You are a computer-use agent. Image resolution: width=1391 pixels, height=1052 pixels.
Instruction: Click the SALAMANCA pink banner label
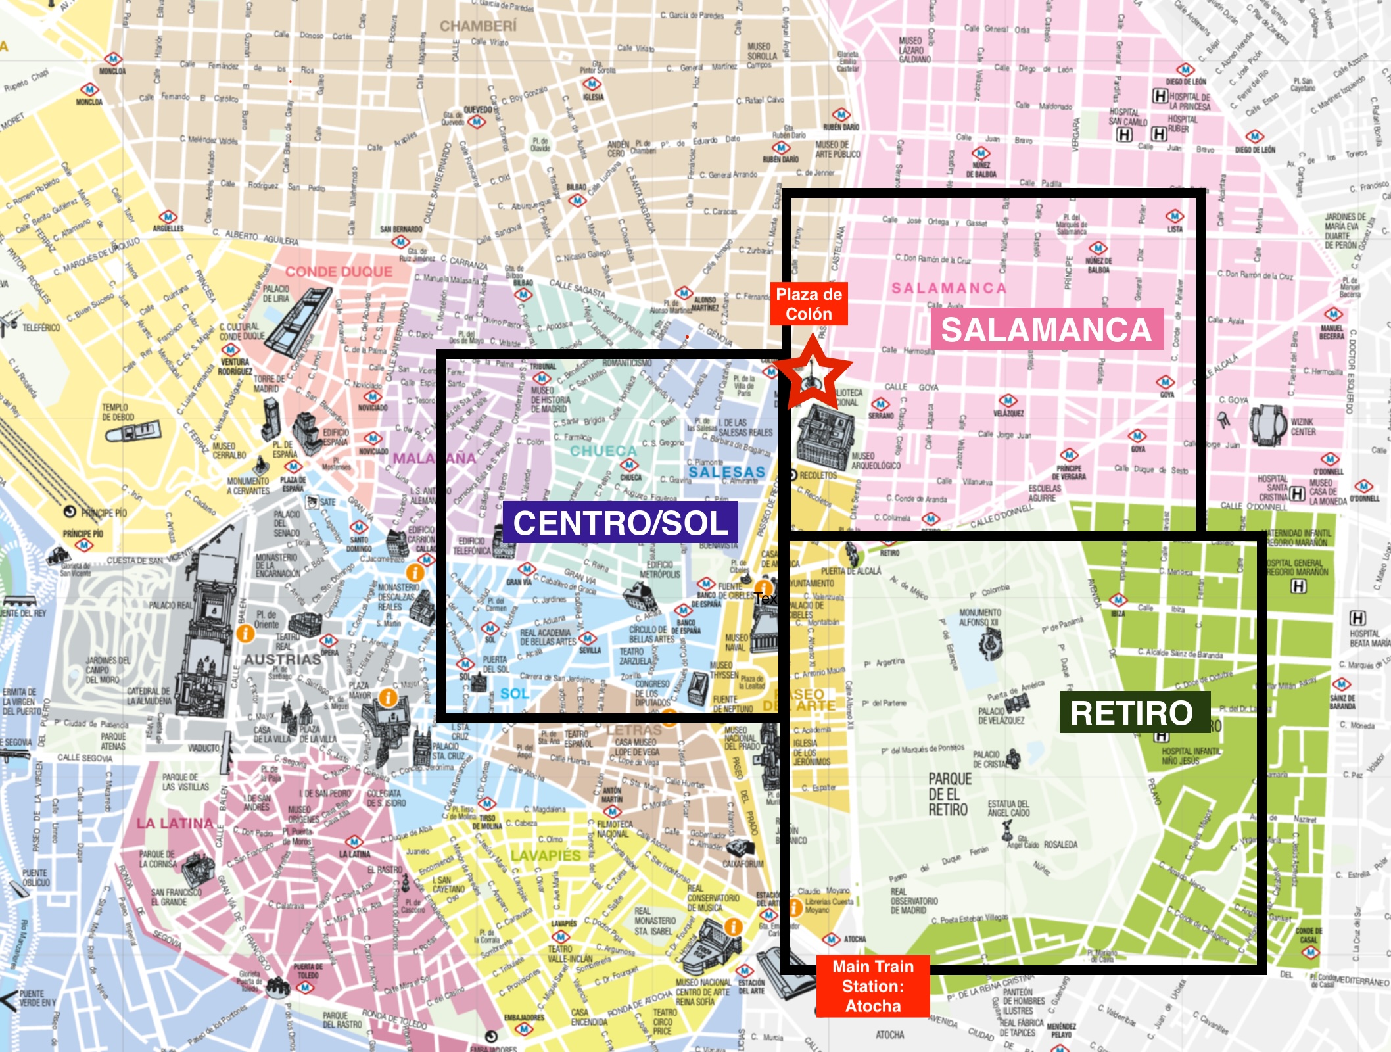point(1047,329)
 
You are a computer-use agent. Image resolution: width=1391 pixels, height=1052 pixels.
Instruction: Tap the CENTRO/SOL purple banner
point(620,523)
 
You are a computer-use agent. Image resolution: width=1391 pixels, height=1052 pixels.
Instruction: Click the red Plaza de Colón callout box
point(809,304)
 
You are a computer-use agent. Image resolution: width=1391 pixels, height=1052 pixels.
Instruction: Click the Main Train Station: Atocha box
point(873,986)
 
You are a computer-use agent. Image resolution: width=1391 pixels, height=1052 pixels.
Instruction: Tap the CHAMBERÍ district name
point(478,26)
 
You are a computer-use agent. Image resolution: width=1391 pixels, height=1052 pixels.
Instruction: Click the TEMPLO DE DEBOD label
point(118,412)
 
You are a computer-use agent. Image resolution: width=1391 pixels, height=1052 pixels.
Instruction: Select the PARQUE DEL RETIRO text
point(949,794)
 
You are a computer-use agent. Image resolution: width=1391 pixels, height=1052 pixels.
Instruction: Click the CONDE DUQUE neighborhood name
point(339,272)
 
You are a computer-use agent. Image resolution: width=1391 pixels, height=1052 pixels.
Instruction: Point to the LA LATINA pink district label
point(175,823)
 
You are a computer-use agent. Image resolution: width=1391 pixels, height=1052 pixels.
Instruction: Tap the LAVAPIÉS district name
point(546,855)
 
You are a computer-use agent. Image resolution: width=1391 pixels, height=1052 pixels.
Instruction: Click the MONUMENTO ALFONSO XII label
point(980,617)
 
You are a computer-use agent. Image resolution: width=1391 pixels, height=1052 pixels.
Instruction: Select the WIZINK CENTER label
point(1303,427)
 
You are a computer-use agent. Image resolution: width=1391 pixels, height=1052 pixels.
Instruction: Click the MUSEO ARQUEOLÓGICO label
point(876,460)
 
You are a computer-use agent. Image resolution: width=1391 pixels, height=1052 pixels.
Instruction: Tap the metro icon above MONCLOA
point(112,59)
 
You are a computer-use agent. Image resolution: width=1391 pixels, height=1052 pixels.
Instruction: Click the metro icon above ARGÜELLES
point(168,216)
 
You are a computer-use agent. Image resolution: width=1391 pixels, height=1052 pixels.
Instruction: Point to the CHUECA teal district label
point(603,450)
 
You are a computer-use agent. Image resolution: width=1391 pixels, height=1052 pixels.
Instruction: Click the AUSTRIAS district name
point(283,659)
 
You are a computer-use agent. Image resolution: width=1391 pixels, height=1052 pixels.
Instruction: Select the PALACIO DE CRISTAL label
point(986,759)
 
